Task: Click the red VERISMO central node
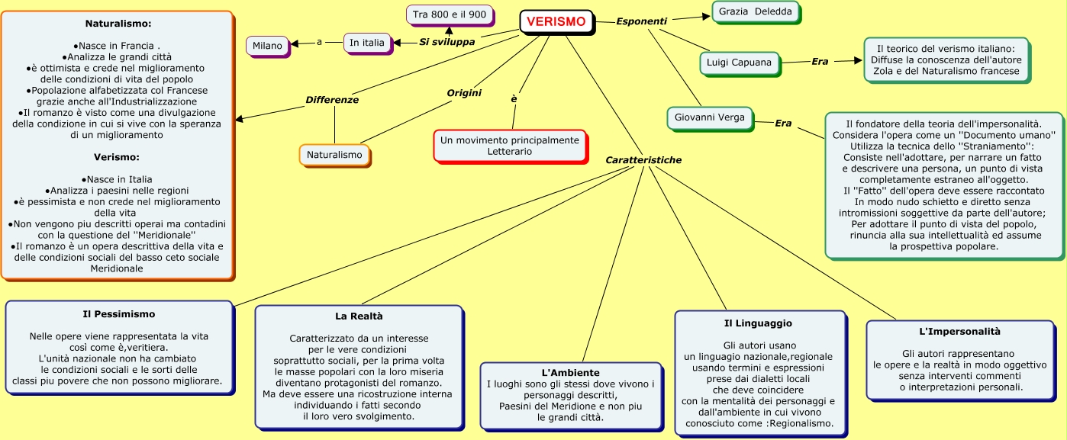[x=557, y=22]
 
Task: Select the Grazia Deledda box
[x=756, y=12]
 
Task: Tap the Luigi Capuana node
[x=740, y=63]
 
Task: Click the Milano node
[x=268, y=47]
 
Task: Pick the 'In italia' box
[x=367, y=43]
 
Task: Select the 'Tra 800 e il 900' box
[x=450, y=15]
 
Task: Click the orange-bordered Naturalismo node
[x=335, y=155]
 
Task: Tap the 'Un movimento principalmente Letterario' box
[x=510, y=146]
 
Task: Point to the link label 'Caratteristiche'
[x=643, y=160]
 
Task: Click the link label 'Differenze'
[x=332, y=100]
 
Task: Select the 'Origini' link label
[x=464, y=93]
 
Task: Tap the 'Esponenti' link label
[x=641, y=21]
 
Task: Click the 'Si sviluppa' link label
[x=446, y=42]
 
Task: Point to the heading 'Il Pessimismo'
[x=118, y=314]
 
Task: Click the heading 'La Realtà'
[x=359, y=316]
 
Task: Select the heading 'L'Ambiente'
[x=570, y=373]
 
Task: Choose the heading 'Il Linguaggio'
[x=758, y=323]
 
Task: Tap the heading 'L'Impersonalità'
[x=959, y=332]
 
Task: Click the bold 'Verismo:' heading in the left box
[x=117, y=157]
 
